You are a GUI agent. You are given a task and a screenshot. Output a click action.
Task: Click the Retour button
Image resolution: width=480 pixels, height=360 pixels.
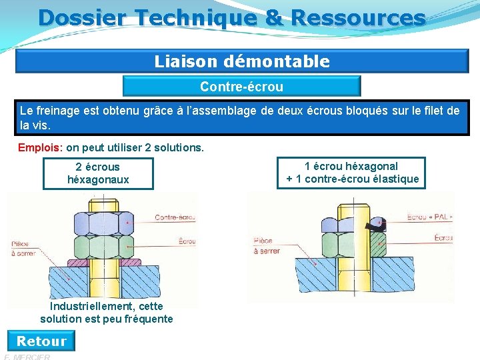[41, 341]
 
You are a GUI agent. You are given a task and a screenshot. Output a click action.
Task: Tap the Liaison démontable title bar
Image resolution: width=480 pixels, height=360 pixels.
[242, 62]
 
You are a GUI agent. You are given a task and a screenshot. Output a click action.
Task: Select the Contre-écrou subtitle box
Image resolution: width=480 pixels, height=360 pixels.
[241, 87]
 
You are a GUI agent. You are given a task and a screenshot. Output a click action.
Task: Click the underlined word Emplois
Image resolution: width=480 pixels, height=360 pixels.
[39, 147]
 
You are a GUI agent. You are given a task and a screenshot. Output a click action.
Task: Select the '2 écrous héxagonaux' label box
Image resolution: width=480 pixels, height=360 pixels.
[98, 173]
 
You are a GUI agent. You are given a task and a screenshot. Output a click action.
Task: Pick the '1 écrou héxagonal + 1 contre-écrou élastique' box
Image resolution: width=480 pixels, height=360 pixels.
[351, 173]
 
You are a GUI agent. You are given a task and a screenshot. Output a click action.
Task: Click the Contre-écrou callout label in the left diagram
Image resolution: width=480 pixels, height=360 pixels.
[175, 217]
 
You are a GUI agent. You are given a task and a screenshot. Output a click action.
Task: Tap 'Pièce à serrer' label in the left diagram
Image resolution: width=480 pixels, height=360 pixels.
[20, 248]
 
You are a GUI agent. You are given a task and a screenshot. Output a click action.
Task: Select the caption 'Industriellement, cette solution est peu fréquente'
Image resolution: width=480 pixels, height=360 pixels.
[107, 313]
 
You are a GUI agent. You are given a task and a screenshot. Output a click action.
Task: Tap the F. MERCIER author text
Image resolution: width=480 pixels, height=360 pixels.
[27, 357]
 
